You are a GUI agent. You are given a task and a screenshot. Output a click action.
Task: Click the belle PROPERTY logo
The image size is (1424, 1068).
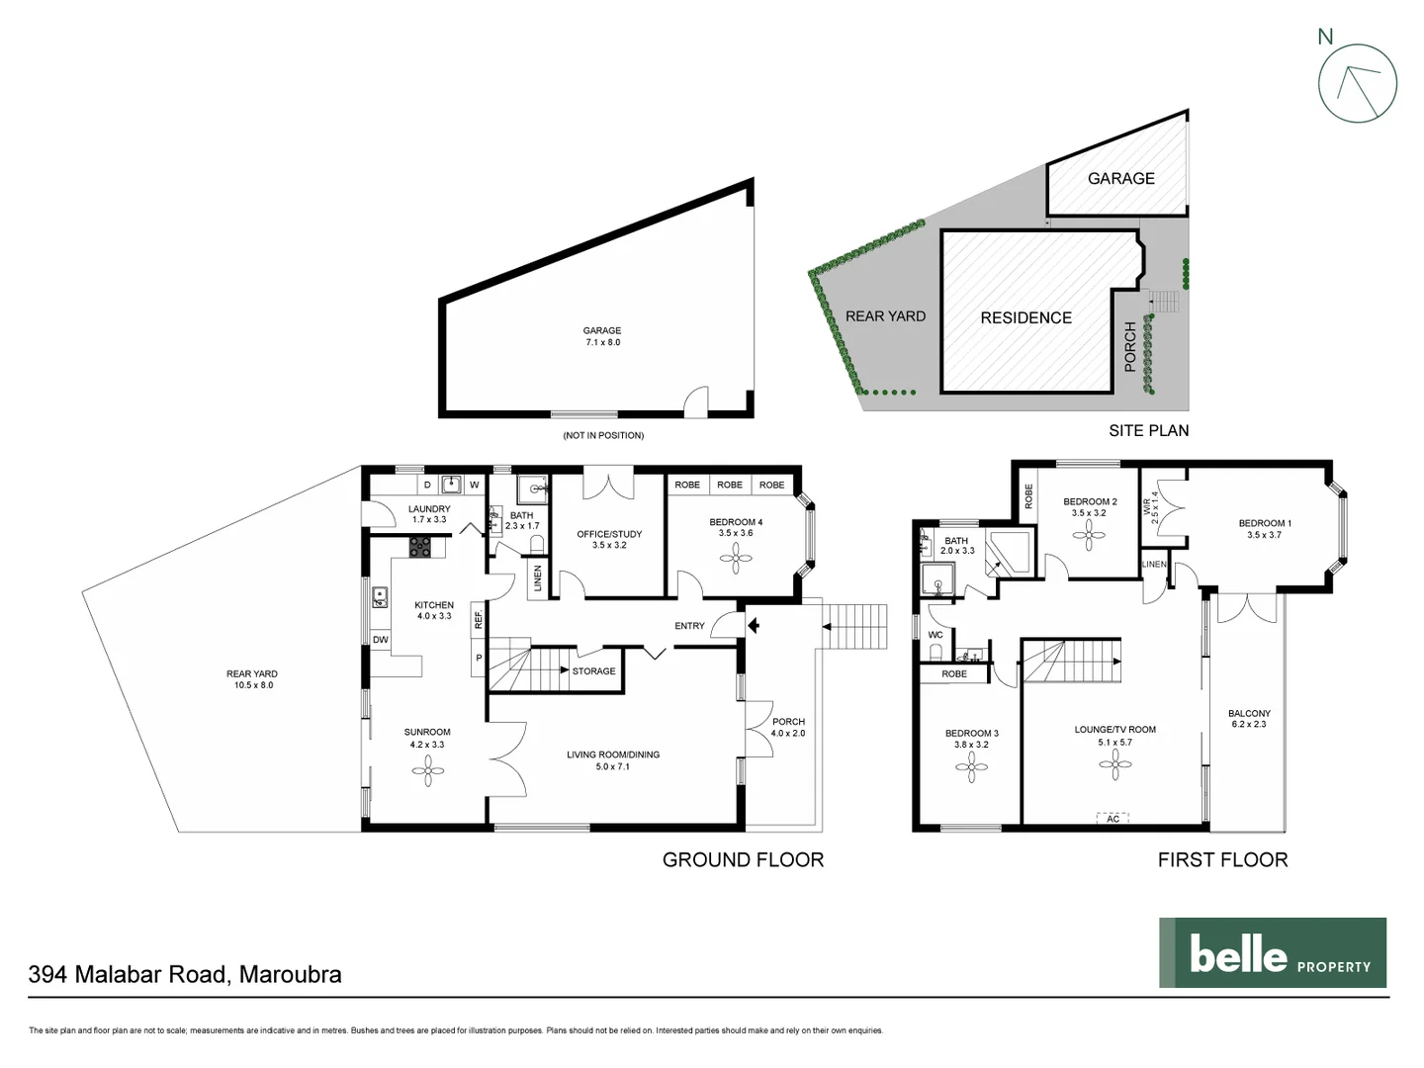coord(1273,952)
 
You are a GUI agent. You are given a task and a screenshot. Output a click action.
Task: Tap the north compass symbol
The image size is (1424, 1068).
coord(1357,83)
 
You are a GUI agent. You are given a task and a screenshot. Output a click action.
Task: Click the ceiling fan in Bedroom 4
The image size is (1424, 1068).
coord(736,560)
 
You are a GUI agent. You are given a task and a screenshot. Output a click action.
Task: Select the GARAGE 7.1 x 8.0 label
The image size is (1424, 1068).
coord(601,336)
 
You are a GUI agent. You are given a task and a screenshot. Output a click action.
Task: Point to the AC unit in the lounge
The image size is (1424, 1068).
coord(1112,819)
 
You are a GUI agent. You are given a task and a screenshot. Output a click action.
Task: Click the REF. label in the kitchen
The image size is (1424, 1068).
coord(479,620)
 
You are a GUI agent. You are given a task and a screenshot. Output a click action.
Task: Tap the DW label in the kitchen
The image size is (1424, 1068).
coord(381,640)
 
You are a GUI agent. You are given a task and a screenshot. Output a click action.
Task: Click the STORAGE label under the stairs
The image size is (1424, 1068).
coord(593,671)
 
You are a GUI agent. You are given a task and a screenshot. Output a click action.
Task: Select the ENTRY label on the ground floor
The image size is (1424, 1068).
coord(689,626)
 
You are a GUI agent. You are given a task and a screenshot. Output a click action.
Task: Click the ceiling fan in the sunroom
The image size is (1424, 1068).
coord(427,769)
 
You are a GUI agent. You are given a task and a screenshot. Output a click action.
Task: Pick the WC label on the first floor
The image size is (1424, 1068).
coord(935,635)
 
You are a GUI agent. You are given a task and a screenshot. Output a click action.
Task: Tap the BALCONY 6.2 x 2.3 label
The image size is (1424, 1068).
coord(1249,719)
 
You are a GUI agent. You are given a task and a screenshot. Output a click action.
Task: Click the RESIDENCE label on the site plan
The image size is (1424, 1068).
coord(1025,317)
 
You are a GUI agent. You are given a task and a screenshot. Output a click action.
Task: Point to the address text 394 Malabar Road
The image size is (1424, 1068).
coord(185,974)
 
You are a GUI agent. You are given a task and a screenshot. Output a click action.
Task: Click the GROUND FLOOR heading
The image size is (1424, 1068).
coord(743,860)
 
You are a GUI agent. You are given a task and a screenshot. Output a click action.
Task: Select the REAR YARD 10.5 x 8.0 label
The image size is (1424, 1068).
coord(252,679)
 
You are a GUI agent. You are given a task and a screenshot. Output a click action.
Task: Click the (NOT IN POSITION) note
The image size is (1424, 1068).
coord(603,435)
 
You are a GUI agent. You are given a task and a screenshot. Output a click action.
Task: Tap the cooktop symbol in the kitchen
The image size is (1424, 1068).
coord(420,547)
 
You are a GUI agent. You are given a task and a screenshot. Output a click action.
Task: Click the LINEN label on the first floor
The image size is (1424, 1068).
coord(1154,565)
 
